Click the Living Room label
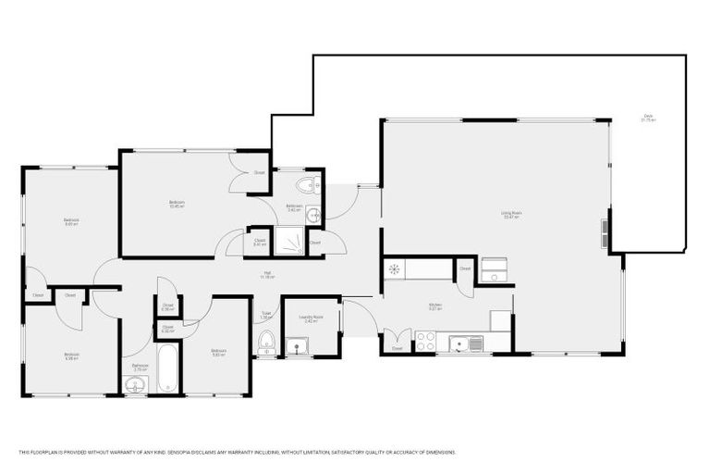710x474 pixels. [x=511, y=215]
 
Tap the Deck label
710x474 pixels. [x=649, y=118]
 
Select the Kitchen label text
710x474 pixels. [x=435, y=306]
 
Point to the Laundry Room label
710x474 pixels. [x=312, y=318]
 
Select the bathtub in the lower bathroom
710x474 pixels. [x=167, y=369]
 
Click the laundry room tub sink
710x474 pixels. [x=298, y=346]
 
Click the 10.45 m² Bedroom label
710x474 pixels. [x=176, y=204]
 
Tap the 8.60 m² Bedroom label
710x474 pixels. [x=71, y=222]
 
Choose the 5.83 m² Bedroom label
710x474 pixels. [x=218, y=352]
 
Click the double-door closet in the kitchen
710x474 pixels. [x=398, y=341]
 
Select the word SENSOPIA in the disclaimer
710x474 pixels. [x=183, y=452]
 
